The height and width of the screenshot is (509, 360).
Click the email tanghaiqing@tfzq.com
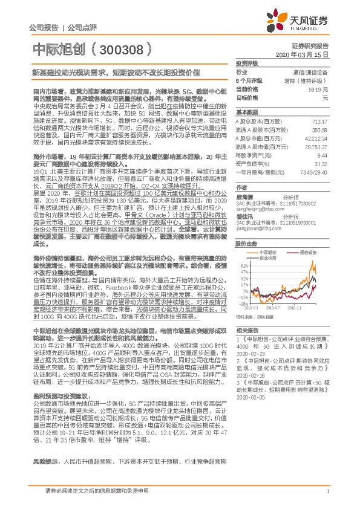pyautogui.click(x=258, y=204)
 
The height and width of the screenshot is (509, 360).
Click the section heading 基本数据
pyautogui.click(x=246, y=112)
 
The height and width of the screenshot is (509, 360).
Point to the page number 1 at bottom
pyautogui.click(x=327, y=498)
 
